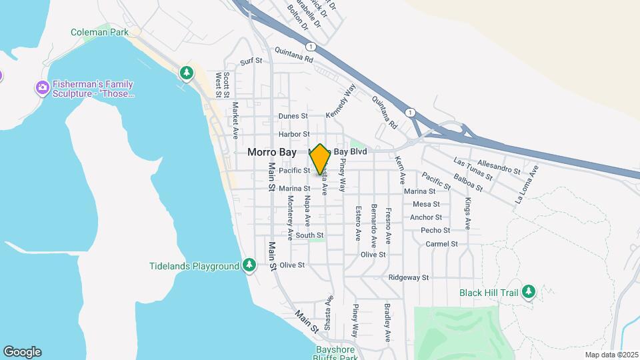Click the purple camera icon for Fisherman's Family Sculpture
[43, 87]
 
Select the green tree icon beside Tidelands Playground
[249, 265]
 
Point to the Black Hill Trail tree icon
[529, 291]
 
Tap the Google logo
[22, 352]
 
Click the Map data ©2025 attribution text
[611, 355]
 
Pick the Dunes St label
[294, 116]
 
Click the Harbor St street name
[295, 134]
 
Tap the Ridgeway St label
[409, 277]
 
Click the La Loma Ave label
[526, 187]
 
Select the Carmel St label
[441, 244]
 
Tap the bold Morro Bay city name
[272, 152]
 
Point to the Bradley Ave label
[387, 322]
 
